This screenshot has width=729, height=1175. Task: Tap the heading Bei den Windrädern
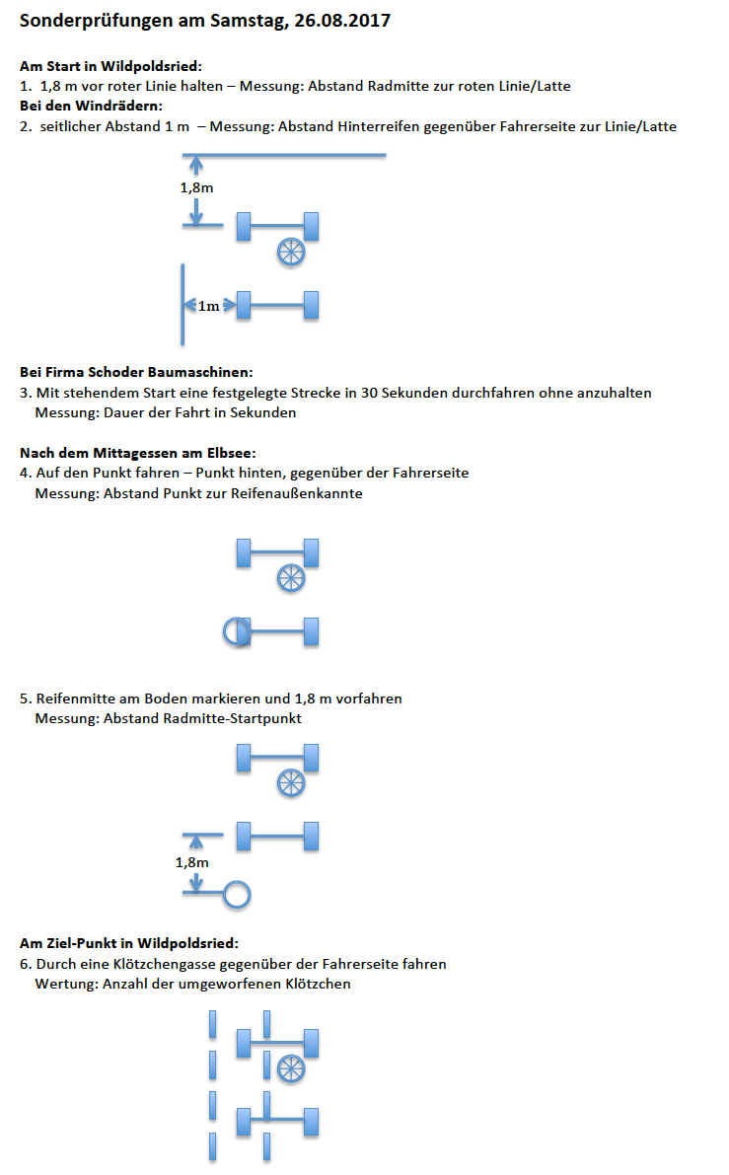[x=91, y=106]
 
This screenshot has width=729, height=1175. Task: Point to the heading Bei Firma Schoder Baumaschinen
[x=136, y=372]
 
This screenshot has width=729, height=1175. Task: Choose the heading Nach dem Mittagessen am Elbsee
[x=138, y=453]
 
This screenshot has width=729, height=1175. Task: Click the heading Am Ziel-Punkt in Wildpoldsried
[x=129, y=943]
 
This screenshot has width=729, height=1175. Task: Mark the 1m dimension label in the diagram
[x=208, y=307]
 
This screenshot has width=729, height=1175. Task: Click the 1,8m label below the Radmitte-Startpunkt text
[x=192, y=862]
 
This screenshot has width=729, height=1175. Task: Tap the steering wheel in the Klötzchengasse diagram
[x=290, y=1066]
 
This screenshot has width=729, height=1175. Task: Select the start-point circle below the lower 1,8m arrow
[x=237, y=894]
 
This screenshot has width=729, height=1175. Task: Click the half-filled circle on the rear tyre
[x=237, y=630]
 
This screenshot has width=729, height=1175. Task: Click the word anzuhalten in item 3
[x=618, y=393]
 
